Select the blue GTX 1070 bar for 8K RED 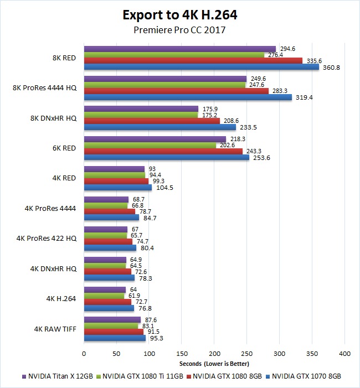click(x=202, y=67)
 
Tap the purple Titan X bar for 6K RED click(x=155, y=139)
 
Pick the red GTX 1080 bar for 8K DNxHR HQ click(x=152, y=121)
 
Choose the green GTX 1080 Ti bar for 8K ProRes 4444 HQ click(x=164, y=85)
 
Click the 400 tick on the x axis click(x=344, y=353)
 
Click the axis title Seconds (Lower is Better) click(x=214, y=364)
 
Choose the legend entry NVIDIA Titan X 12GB click(x=56, y=376)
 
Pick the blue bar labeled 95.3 click(x=115, y=338)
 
